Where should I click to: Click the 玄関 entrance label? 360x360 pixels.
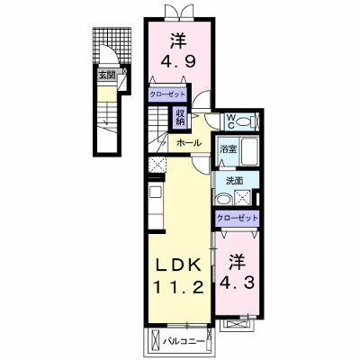107,75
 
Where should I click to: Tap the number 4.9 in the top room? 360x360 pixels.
178,61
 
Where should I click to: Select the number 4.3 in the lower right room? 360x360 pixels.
238,282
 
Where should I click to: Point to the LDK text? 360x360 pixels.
179,265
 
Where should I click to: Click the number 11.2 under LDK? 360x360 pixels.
179,288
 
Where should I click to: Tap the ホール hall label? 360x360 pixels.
189,143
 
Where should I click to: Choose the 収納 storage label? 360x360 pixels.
180,118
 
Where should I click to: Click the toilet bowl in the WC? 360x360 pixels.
244,121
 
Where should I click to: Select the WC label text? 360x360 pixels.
230,121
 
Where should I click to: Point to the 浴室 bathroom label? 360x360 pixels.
229,149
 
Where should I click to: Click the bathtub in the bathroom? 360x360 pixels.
249,151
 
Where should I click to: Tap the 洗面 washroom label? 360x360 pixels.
235,181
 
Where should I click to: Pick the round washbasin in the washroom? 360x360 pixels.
223,199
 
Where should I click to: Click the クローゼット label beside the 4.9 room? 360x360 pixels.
167,94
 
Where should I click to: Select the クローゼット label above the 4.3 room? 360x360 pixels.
238,218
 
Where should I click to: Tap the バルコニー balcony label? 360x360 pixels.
184,341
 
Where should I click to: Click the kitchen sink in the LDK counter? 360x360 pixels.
156,192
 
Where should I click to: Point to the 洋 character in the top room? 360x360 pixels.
179,41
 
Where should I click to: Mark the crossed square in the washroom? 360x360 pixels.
242,197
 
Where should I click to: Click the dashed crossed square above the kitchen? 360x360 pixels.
157,165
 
